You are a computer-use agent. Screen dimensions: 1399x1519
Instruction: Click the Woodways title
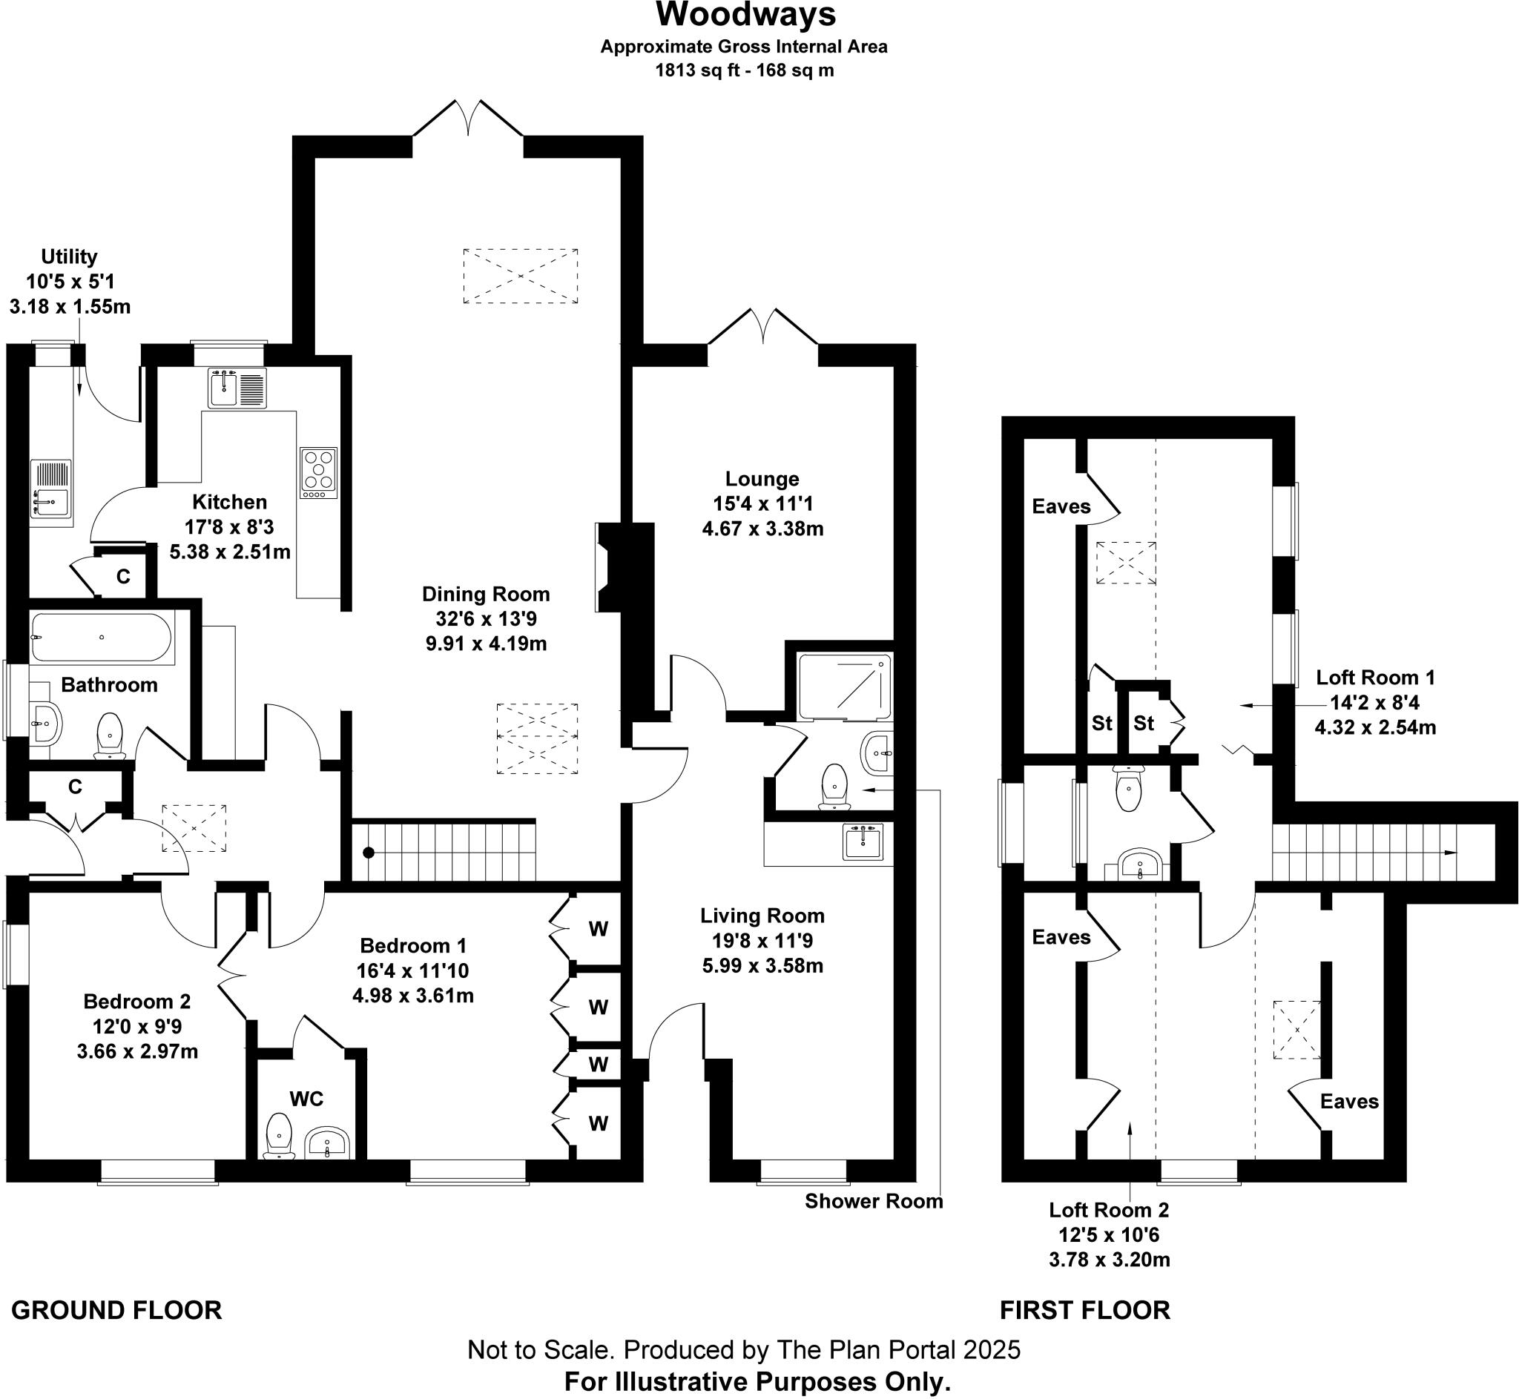tap(745, 15)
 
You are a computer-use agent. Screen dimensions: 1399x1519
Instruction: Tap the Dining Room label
tap(485, 595)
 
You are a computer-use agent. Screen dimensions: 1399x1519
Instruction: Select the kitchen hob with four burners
tap(318, 472)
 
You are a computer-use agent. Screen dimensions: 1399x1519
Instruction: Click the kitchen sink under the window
tap(237, 388)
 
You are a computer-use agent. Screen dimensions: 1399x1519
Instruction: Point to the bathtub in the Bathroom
tap(102, 637)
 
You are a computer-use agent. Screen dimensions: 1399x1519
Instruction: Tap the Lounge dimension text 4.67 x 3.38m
tap(762, 529)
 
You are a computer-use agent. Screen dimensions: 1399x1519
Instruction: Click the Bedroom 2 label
tap(137, 1002)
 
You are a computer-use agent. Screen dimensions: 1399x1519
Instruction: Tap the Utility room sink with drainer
tap(50, 489)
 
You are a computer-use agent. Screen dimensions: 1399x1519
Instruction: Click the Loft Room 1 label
tap(1375, 678)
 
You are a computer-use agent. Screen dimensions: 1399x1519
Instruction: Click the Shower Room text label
tap(873, 1201)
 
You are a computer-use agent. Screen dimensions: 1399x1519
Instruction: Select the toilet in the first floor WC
tap(1127, 788)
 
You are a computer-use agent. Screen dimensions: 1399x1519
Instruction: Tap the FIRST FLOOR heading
tap(1084, 1311)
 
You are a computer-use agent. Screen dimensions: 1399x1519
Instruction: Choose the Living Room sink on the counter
tap(863, 841)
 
